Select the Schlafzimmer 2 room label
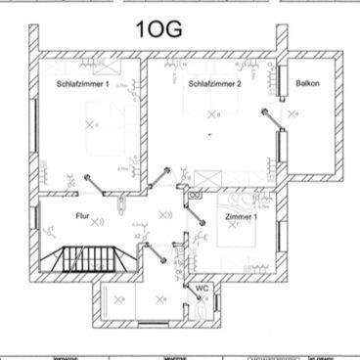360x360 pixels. coord(215,84)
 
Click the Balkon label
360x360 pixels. coord(308,84)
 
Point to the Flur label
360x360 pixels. coord(82,215)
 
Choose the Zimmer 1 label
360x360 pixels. coord(241,217)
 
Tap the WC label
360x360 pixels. coord(202,289)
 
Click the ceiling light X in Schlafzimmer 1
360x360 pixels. coord(94,126)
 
